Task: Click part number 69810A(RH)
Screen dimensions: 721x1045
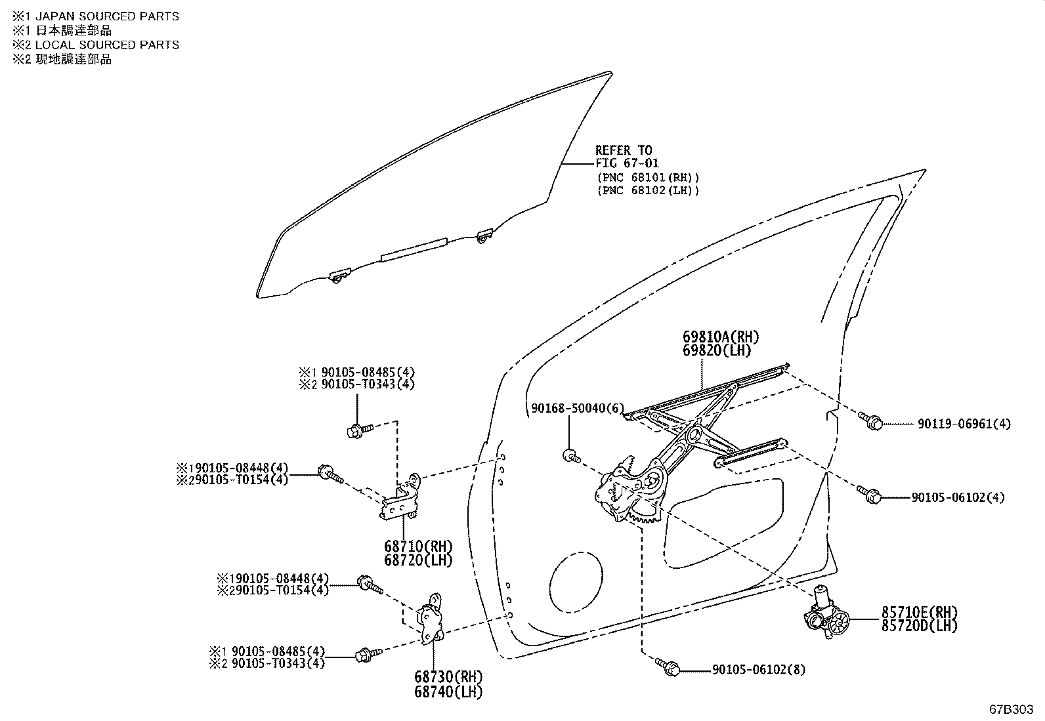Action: tap(720, 337)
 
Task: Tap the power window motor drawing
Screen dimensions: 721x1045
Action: tap(826, 615)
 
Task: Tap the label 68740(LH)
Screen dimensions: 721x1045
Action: tap(448, 691)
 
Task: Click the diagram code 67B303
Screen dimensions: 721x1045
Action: tap(1011, 710)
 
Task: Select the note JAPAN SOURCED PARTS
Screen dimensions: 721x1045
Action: tap(106, 16)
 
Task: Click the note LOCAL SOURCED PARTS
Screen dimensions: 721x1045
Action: tap(106, 45)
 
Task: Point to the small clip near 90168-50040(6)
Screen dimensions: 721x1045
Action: tap(569, 455)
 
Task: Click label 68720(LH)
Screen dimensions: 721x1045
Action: tap(418, 560)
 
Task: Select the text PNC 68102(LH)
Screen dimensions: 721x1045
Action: tap(648, 191)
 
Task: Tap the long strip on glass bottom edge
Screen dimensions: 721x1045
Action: tap(414, 250)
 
